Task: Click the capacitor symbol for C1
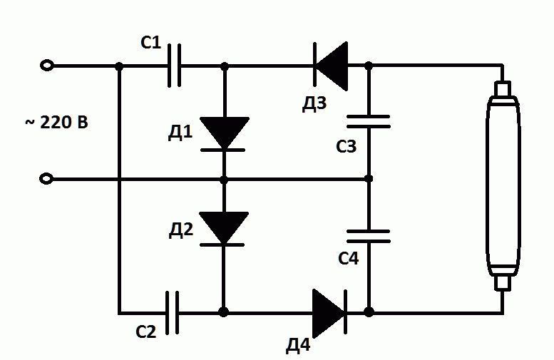coord(174,66)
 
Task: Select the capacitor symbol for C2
coord(172,312)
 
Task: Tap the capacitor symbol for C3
coord(369,120)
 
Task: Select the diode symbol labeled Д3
coord(330,66)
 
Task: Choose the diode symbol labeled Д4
coord(330,312)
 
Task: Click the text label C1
coord(150,43)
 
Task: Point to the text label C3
coord(347,148)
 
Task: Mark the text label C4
coord(347,258)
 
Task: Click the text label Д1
coord(181,133)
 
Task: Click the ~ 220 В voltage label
coord(58,122)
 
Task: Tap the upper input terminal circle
coord(47,66)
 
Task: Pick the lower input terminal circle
coord(47,178)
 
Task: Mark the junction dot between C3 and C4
coord(369,178)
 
